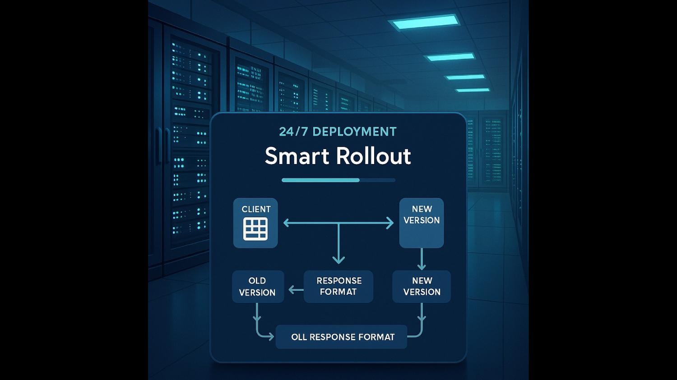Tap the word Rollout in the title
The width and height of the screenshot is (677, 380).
coord(374,156)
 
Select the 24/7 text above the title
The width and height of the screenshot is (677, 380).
coord(293,132)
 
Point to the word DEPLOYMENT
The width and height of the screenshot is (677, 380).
coord(354,132)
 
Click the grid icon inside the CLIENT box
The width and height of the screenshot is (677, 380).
coord(255,229)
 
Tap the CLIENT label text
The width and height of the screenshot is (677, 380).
coord(256,209)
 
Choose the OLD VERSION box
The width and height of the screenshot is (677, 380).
coord(258,287)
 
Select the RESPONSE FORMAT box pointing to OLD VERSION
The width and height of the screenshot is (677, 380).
coord(338,286)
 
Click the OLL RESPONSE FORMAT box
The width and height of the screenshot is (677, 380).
coord(341,337)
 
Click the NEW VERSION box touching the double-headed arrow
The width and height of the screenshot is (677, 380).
coord(422,223)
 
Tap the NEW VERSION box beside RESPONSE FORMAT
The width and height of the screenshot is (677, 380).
coord(422,286)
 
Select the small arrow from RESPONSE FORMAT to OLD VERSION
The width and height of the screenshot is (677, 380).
coord(296,290)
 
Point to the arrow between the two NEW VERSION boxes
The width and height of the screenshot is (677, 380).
coord(422,259)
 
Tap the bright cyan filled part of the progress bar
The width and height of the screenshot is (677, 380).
coord(320,180)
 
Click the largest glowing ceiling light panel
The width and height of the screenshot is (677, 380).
coord(424,22)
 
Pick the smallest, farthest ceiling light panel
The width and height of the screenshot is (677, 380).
coord(473,90)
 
